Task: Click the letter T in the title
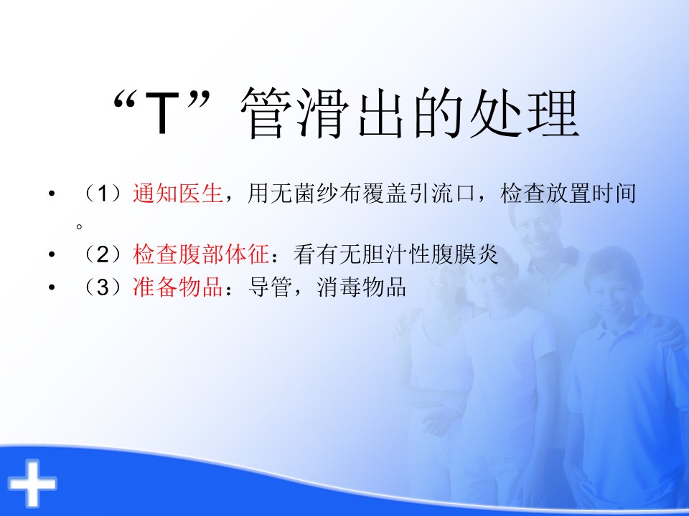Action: [162, 113]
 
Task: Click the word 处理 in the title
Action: [524, 113]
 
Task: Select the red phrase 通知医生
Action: [178, 193]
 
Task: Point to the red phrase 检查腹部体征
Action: [201, 254]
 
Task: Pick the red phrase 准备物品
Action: [178, 287]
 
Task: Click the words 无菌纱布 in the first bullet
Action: [316, 193]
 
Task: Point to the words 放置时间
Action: [591, 193]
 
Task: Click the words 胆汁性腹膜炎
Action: [430, 254]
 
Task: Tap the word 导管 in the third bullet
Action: [270, 287]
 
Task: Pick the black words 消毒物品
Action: [361, 287]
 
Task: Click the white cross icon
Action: [32, 482]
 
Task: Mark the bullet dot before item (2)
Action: [52, 254]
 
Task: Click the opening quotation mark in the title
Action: [123, 101]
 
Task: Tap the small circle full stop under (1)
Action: [80, 226]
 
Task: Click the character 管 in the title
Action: [266, 113]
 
